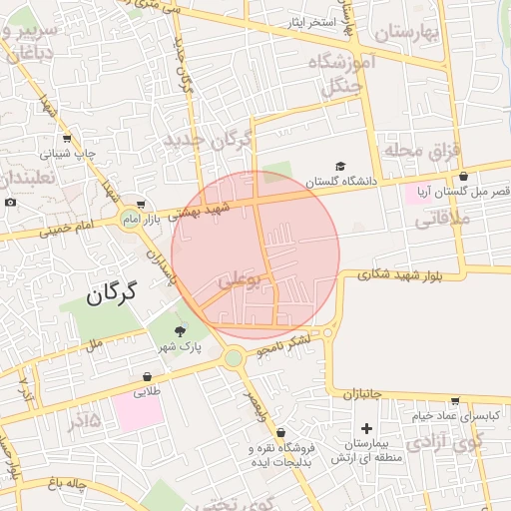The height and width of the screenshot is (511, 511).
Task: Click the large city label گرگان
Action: [x=110, y=294]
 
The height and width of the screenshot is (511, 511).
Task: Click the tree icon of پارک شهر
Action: [x=181, y=331]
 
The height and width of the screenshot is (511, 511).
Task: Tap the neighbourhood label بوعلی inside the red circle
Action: [x=243, y=281]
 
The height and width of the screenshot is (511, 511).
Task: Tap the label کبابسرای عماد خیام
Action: [x=446, y=414]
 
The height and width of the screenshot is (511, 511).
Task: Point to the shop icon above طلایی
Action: [x=148, y=377]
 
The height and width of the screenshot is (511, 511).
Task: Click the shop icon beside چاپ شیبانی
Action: [x=67, y=139]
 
